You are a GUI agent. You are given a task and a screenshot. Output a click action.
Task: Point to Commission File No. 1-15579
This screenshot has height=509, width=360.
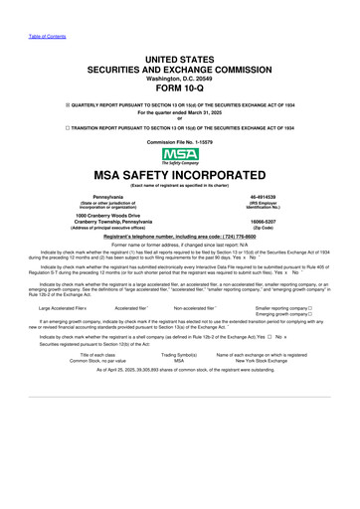180,143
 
